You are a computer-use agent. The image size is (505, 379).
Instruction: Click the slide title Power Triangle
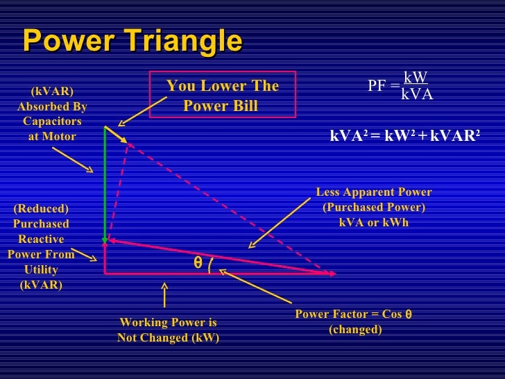coord(132,42)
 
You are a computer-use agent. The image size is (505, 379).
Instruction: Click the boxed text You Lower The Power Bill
coord(222,96)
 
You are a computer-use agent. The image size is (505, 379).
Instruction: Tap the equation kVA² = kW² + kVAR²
coord(405,137)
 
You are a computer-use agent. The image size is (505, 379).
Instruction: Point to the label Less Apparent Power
coord(373,192)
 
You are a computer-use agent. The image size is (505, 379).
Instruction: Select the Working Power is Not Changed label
coord(168,330)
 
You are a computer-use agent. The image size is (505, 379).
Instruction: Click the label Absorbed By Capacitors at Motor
coord(52,114)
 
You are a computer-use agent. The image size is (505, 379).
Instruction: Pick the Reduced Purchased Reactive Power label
coord(42,246)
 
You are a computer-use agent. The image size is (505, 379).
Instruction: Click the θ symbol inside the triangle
coord(198,264)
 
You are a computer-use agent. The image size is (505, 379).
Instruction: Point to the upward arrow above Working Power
coord(164,294)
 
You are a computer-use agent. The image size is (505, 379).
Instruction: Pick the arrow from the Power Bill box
coord(142,112)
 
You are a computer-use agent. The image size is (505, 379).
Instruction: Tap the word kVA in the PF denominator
coord(417,94)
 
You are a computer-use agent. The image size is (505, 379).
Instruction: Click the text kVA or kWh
coord(373,223)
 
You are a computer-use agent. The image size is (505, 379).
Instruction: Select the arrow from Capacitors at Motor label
coord(73,160)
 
